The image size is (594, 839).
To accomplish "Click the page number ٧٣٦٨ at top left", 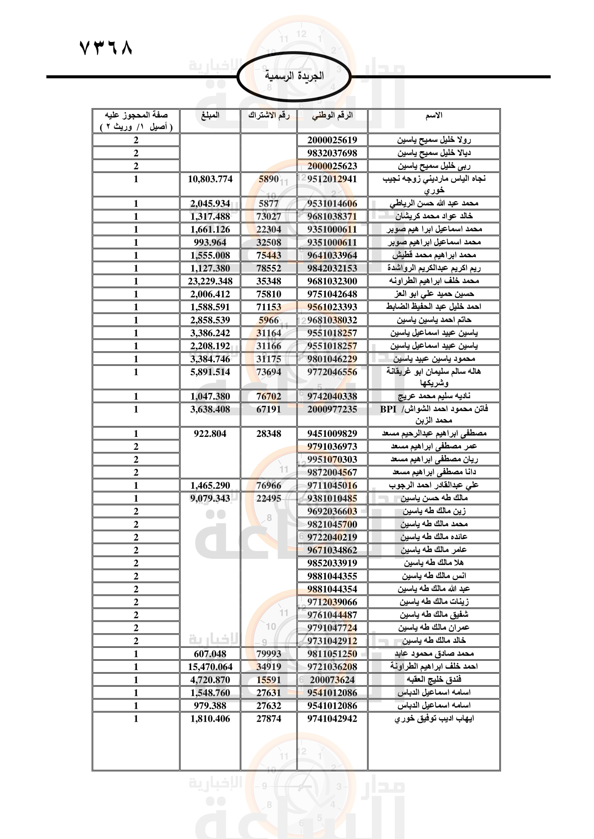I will tap(106, 48).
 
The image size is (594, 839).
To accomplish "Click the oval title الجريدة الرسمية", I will tap(294, 76).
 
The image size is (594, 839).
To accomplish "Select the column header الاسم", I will tap(434, 116).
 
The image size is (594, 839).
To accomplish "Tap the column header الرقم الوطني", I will tap(332, 116).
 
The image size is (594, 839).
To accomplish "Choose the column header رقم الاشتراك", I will tap(269, 116).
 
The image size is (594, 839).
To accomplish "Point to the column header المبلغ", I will tap(210, 116).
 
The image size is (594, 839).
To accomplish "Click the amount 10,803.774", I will tap(210, 179).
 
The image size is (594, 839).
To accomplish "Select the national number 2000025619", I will tap(332, 140).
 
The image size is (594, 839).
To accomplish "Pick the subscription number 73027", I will tap(269, 216).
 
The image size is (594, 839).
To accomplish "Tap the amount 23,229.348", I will tap(210, 281).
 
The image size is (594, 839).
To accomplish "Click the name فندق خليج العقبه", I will tap(434, 679).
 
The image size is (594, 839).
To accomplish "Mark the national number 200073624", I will tap(332, 680).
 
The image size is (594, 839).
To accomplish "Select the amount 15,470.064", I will tap(210, 666).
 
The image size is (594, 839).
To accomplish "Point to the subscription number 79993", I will tap(269, 654).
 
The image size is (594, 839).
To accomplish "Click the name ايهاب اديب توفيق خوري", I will tap(434, 718).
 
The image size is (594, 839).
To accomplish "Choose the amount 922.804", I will tap(210, 433).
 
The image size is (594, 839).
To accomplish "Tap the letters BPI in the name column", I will tap(388, 409).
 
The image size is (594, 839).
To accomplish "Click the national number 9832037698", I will tap(332, 153).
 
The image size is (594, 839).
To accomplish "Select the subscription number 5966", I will tap(269, 320).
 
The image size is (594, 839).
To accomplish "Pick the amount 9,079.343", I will tap(210, 499).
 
